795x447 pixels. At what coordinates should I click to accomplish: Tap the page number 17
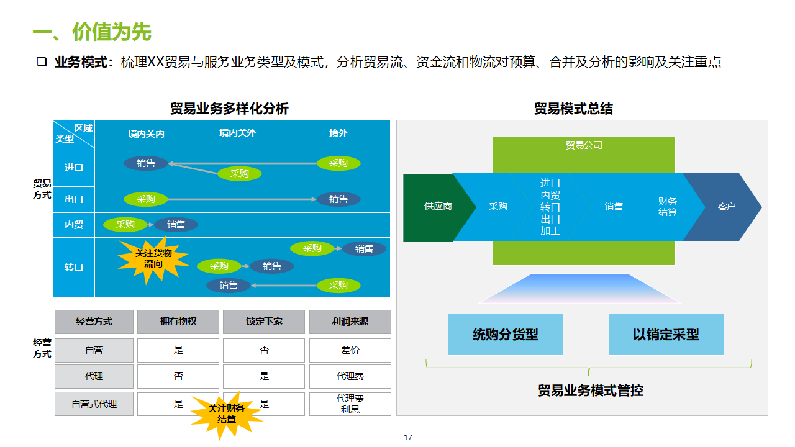tap(408, 438)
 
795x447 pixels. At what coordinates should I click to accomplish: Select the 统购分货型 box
tap(505, 335)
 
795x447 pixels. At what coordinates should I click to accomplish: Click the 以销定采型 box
tap(666, 335)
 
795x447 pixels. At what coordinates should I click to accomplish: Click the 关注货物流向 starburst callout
tap(153, 259)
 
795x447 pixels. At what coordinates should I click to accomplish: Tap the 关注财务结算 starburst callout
tap(226, 413)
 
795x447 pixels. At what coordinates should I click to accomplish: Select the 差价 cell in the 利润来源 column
tap(350, 350)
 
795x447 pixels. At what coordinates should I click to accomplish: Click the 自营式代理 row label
tap(94, 404)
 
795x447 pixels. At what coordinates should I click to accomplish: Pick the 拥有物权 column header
tap(178, 322)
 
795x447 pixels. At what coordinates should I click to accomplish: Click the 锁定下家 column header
tap(264, 322)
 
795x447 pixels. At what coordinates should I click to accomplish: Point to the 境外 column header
tap(338, 133)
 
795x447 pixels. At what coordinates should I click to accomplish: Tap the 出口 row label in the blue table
tap(74, 199)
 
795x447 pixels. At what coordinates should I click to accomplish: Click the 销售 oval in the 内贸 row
tap(176, 225)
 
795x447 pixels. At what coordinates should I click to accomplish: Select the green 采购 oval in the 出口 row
tap(146, 199)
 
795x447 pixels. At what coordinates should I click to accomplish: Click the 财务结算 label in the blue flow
tap(668, 207)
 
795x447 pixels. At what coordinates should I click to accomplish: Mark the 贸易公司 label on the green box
tap(584, 145)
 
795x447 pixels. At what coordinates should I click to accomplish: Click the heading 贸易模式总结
tap(573, 109)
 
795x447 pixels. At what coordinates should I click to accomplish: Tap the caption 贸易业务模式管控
tap(590, 391)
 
